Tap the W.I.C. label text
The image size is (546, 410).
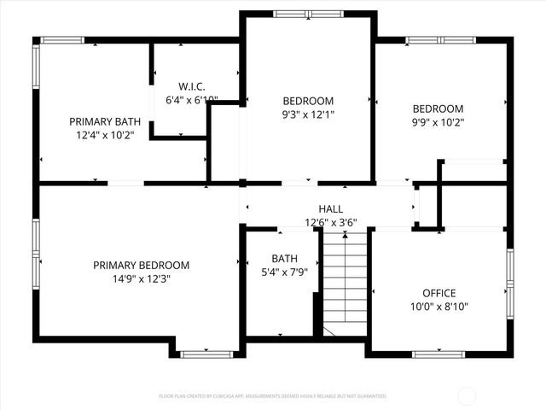[192, 86]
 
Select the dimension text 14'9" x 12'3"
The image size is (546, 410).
[141, 278]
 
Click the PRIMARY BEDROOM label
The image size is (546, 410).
[141, 265]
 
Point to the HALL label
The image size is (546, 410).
[331, 209]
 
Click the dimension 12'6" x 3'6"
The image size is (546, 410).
[331, 222]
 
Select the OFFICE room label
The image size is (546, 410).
[439, 293]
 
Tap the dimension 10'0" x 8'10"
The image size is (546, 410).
[439, 306]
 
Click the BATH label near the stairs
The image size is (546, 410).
[284, 258]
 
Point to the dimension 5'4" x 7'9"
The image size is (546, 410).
[284, 272]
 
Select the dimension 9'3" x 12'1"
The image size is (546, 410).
[308, 114]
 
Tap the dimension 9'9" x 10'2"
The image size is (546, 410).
[438, 121]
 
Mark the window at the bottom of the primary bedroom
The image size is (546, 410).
[206, 354]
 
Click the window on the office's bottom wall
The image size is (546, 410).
[439, 354]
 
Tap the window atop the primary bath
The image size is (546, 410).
[63, 40]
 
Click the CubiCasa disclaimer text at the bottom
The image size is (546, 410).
[273, 396]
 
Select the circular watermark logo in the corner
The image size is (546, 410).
[468, 395]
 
